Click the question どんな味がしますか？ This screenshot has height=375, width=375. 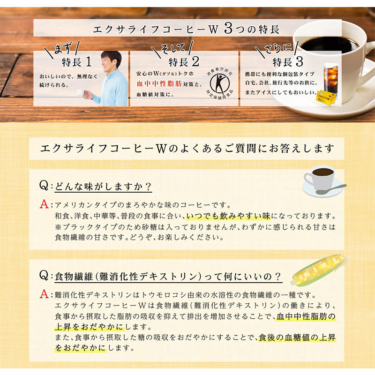point(103,186)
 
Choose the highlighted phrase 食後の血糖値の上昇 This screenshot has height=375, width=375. point(296,337)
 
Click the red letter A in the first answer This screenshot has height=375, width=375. point(45,205)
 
